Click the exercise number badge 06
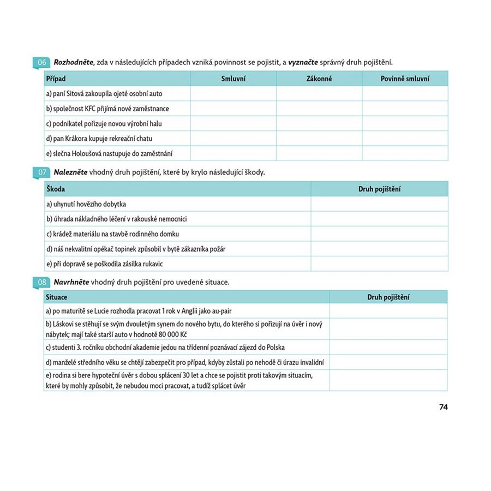click(42, 62)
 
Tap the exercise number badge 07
click(42, 172)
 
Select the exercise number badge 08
click(42, 283)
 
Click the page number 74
click(443, 407)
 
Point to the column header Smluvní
click(233, 79)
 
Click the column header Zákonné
click(319, 79)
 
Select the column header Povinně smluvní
click(405, 79)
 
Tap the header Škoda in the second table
click(56, 189)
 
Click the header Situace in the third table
click(57, 297)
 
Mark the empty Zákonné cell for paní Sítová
click(319, 94)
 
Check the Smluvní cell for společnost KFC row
click(233, 109)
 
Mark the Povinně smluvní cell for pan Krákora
click(405, 139)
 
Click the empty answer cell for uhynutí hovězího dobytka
click(379, 204)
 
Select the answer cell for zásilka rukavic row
click(379, 264)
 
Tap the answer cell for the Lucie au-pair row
click(388, 311)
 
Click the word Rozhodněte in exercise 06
click(73, 62)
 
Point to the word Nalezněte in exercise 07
click(70, 172)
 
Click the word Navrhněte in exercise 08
click(71, 283)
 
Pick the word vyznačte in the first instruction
click(303, 62)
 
